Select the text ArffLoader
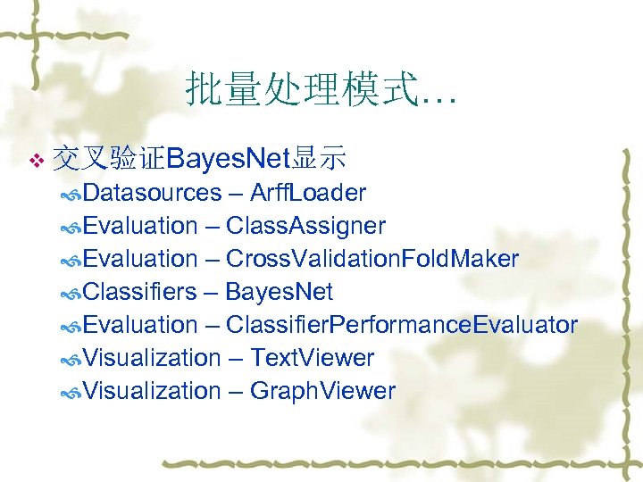pos(308,193)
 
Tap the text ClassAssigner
pos(305,226)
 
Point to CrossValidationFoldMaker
pos(372,259)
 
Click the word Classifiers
pos(141,292)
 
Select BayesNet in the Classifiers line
pos(279,292)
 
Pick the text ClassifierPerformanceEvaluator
pos(401,325)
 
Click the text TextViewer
pos(312,358)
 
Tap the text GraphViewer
pos(322,391)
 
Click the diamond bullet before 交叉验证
pos(36,161)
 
